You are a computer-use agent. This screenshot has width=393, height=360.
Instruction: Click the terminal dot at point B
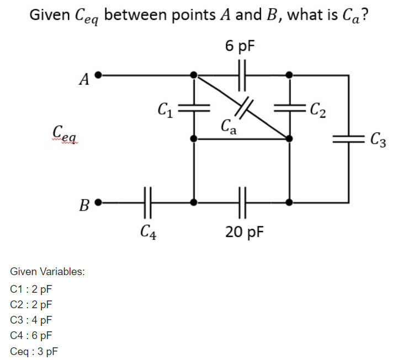point(98,202)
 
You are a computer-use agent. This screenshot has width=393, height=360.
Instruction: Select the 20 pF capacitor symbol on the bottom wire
point(241,202)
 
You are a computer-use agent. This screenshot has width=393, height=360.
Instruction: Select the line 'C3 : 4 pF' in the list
point(31,320)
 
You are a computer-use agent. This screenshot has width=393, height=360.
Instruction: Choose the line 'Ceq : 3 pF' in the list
point(34,351)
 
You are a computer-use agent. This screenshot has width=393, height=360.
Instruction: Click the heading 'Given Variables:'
point(47,272)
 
